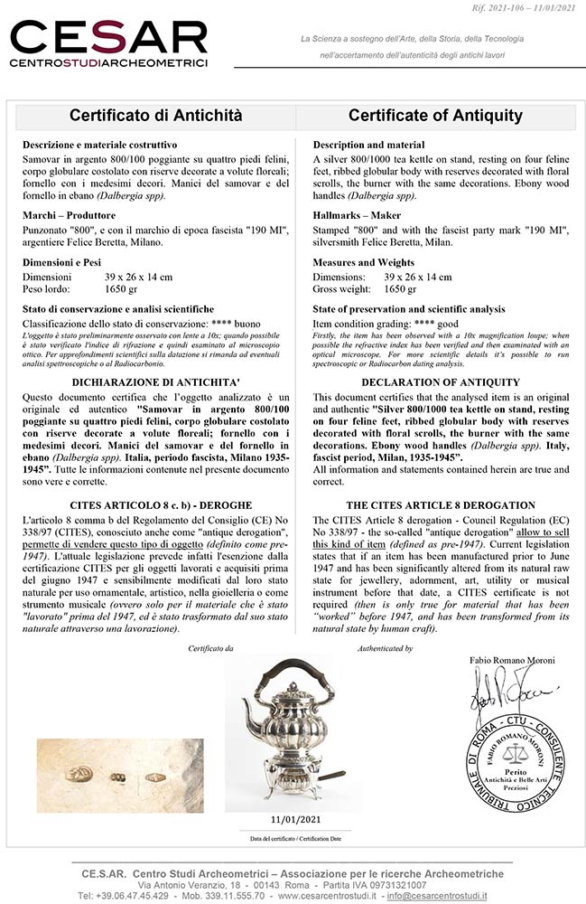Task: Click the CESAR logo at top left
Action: pyautogui.click(x=108, y=44)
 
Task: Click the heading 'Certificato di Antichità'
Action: pyautogui.click(x=155, y=116)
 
